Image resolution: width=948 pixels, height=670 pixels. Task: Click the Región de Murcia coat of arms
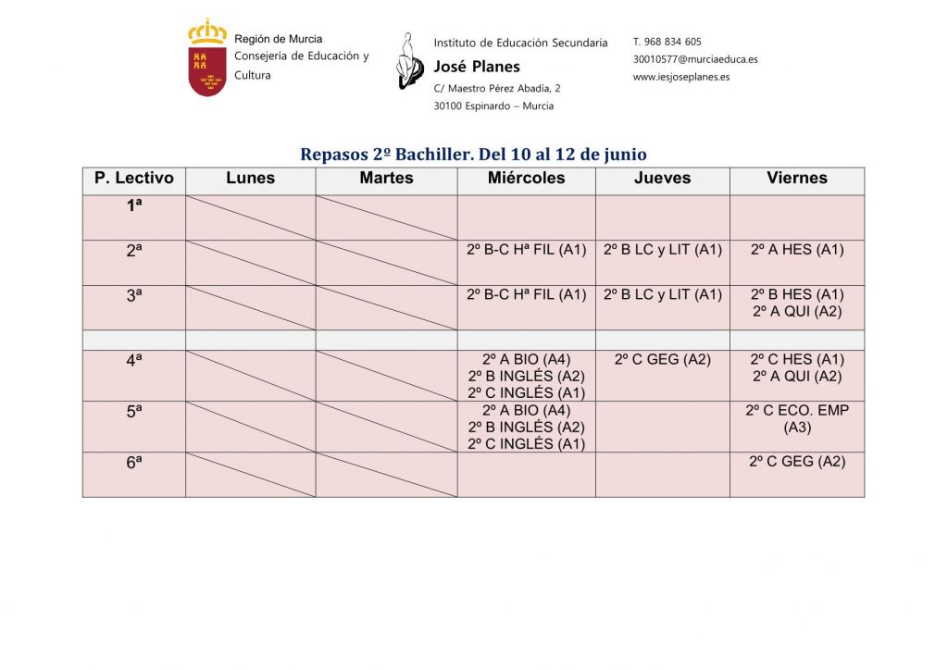click(207, 58)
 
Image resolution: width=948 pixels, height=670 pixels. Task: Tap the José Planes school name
click(477, 67)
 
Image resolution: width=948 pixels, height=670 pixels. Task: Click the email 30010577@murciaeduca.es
click(695, 59)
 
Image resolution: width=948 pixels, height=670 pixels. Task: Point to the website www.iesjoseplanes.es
click(681, 77)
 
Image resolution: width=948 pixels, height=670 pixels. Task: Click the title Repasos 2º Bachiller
click(473, 155)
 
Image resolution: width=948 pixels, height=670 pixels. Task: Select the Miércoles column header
click(526, 179)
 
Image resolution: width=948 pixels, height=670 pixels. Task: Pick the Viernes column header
click(796, 179)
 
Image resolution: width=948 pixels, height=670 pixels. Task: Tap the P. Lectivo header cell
click(134, 179)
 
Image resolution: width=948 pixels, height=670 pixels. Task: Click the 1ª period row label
click(134, 206)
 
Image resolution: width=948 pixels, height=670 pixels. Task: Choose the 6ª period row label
click(134, 463)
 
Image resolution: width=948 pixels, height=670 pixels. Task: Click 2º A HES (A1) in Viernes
click(796, 250)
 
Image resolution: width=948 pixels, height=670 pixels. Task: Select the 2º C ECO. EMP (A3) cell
click(796, 418)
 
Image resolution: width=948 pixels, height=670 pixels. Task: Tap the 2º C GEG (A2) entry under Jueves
click(662, 359)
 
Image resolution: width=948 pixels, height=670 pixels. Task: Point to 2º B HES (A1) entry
click(796, 294)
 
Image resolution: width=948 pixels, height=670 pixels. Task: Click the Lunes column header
click(250, 179)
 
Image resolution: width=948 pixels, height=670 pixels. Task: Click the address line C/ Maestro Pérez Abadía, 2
click(497, 88)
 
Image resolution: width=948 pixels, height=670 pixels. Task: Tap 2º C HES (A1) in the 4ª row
click(796, 359)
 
